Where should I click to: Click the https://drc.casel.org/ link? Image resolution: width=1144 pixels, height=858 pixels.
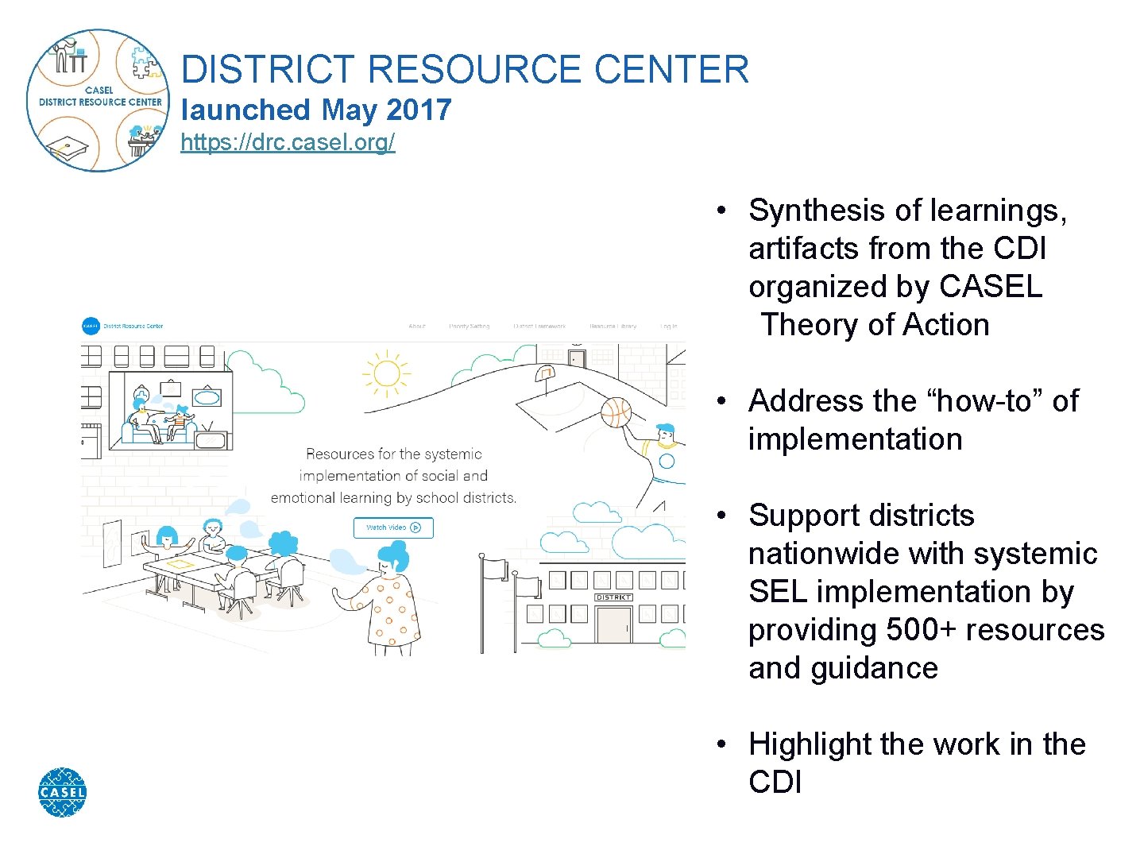[x=288, y=142]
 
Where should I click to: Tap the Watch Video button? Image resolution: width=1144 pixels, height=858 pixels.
[x=393, y=528]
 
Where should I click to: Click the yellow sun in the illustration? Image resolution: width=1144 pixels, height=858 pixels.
[x=386, y=373]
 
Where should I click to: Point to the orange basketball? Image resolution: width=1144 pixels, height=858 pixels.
[x=616, y=412]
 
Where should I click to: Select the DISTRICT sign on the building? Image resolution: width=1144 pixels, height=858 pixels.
[x=613, y=597]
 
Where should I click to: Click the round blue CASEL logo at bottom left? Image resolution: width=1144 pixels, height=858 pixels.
[x=62, y=792]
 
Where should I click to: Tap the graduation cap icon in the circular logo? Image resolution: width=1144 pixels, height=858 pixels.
[x=68, y=148]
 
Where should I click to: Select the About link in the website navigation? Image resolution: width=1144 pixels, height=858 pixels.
[x=417, y=327]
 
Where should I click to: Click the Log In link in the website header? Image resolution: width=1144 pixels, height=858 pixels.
[x=669, y=327]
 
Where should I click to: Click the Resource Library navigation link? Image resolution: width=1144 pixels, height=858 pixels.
[x=613, y=327]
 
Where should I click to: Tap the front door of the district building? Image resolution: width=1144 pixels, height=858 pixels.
[x=613, y=624]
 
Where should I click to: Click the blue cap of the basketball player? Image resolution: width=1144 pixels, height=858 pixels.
[x=665, y=429]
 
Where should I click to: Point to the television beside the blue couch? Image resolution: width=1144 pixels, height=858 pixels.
[x=211, y=439]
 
